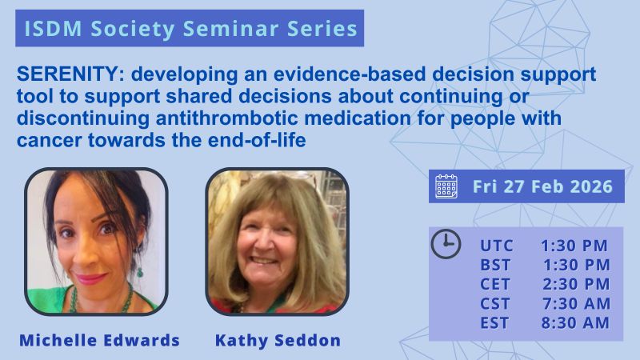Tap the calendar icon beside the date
point(446,186)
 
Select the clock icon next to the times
point(446,244)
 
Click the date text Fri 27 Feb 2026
point(542,186)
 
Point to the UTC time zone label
point(496,246)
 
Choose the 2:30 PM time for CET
point(576,284)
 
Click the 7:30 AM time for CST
point(576,304)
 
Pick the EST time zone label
point(494,323)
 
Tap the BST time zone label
point(495,265)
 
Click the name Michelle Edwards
point(99,340)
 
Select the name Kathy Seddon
point(278,340)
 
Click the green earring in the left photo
point(139,272)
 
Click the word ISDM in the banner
point(53,29)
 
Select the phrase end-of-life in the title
point(257,141)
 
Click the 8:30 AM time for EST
point(575,323)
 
